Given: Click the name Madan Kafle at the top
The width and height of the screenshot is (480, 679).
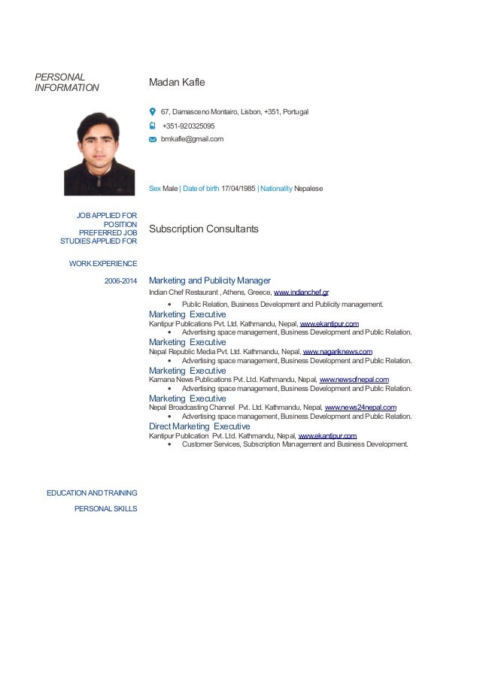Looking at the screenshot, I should coord(177,81).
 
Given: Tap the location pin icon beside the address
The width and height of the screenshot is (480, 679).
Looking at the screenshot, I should coord(153,111).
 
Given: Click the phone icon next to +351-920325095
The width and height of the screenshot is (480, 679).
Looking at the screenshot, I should coord(152,126).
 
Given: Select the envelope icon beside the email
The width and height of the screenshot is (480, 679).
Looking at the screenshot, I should coord(153,139).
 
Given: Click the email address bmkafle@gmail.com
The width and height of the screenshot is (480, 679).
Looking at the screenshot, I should coord(192,139).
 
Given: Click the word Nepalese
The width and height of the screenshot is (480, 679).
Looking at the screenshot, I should coord(309,188).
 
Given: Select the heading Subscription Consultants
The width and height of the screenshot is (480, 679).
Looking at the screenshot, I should coord(203,229).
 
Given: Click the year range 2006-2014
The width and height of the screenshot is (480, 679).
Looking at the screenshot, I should coord(120,281).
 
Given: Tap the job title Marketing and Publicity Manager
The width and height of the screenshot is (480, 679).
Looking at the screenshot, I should coord(209,280).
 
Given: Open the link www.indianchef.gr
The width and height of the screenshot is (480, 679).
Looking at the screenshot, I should coord(301,292).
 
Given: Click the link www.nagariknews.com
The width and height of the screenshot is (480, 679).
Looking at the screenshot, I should coord(337,351).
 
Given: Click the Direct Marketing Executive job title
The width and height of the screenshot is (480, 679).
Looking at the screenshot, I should coord(199,426).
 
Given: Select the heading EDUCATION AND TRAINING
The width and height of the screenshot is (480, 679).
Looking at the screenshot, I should coord(92,493).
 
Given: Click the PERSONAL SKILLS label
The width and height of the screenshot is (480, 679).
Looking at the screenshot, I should coord(105,509).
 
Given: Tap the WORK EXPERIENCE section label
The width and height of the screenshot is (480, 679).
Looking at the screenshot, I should coord(102,263).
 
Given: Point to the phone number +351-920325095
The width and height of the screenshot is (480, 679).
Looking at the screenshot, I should coord(188,126).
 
